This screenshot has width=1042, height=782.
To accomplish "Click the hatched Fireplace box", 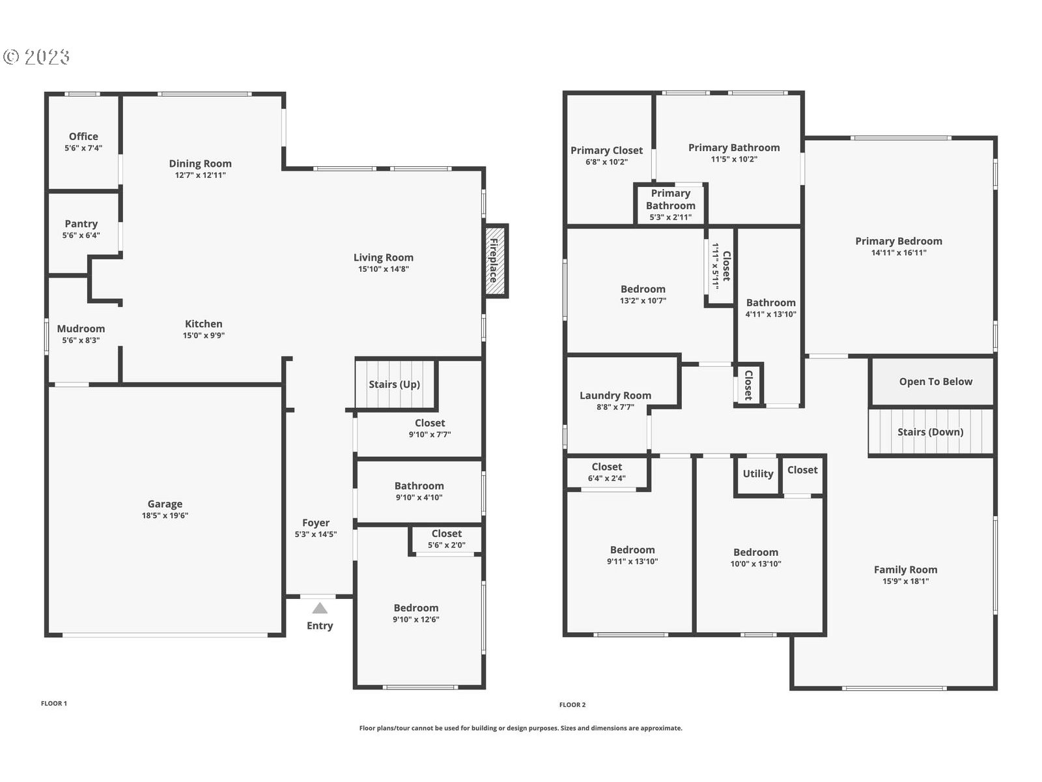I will pos(496,261).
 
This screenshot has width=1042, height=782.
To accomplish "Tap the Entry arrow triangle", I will pos(320,609).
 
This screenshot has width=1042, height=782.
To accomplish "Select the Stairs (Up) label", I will pos(394,384).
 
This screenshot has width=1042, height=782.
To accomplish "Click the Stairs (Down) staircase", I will pos(930,432).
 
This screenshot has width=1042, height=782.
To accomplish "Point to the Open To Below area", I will pos(935,382).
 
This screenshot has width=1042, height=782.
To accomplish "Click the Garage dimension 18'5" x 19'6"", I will pos(165,515).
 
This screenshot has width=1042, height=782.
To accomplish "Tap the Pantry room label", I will pos(81,224).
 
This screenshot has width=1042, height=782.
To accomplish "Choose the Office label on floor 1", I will pos(83,136).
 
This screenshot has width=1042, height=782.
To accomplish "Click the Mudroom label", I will pos(81,328).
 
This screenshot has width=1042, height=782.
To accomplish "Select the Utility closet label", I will pos(758,474).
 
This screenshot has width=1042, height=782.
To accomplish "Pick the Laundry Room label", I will pos(615,396).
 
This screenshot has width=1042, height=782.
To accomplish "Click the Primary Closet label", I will pos(606,151).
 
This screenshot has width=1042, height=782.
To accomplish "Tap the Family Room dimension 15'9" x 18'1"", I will pos(905,581).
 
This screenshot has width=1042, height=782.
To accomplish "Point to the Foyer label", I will pos(316,523).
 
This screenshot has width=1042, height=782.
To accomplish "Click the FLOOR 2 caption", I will pos(572,704).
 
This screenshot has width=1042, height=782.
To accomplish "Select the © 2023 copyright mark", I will pos(36,57).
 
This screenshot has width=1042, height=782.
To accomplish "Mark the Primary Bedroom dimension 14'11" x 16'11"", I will pos(899,253).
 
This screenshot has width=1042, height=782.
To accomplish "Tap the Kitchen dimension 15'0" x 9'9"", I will pos(204,336).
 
